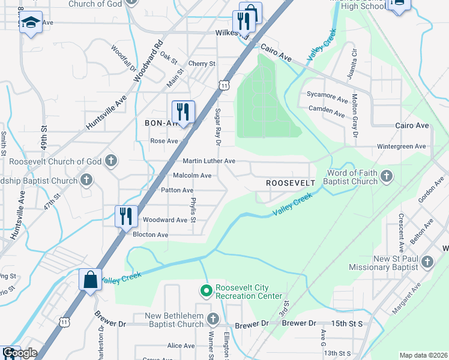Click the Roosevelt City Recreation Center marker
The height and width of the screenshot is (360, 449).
(206, 291)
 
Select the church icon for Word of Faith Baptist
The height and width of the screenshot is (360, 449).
(387, 176)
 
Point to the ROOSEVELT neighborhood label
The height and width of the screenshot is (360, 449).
(291, 182)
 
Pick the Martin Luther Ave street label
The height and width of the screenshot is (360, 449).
(209, 161)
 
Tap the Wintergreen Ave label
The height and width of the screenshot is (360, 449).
(401, 146)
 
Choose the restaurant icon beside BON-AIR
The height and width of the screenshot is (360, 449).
(183, 111)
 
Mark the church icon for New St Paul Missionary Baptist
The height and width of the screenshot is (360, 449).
(427, 262)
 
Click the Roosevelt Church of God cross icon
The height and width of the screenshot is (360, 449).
(110, 161)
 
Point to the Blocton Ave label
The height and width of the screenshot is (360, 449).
(150, 235)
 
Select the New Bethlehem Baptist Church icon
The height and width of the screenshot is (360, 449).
(212, 318)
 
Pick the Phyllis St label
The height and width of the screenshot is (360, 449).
(193, 210)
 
